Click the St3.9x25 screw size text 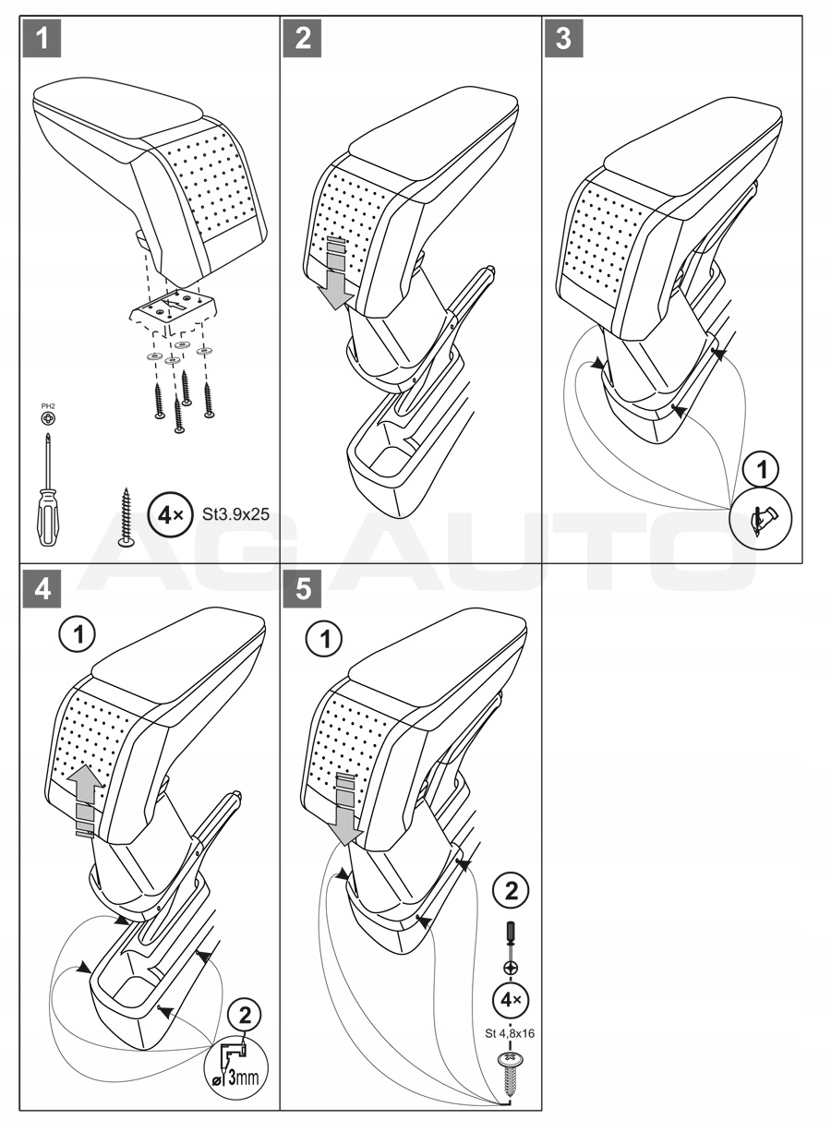[x=235, y=514]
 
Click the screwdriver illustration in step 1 [x=48, y=489]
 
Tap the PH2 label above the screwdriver [x=48, y=404]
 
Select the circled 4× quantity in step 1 [x=167, y=514]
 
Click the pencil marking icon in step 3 [x=762, y=522]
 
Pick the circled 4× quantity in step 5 [x=510, y=1000]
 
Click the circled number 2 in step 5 [x=511, y=891]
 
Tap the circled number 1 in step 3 [x=762, y=470]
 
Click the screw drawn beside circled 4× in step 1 [x=126, y=518]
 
